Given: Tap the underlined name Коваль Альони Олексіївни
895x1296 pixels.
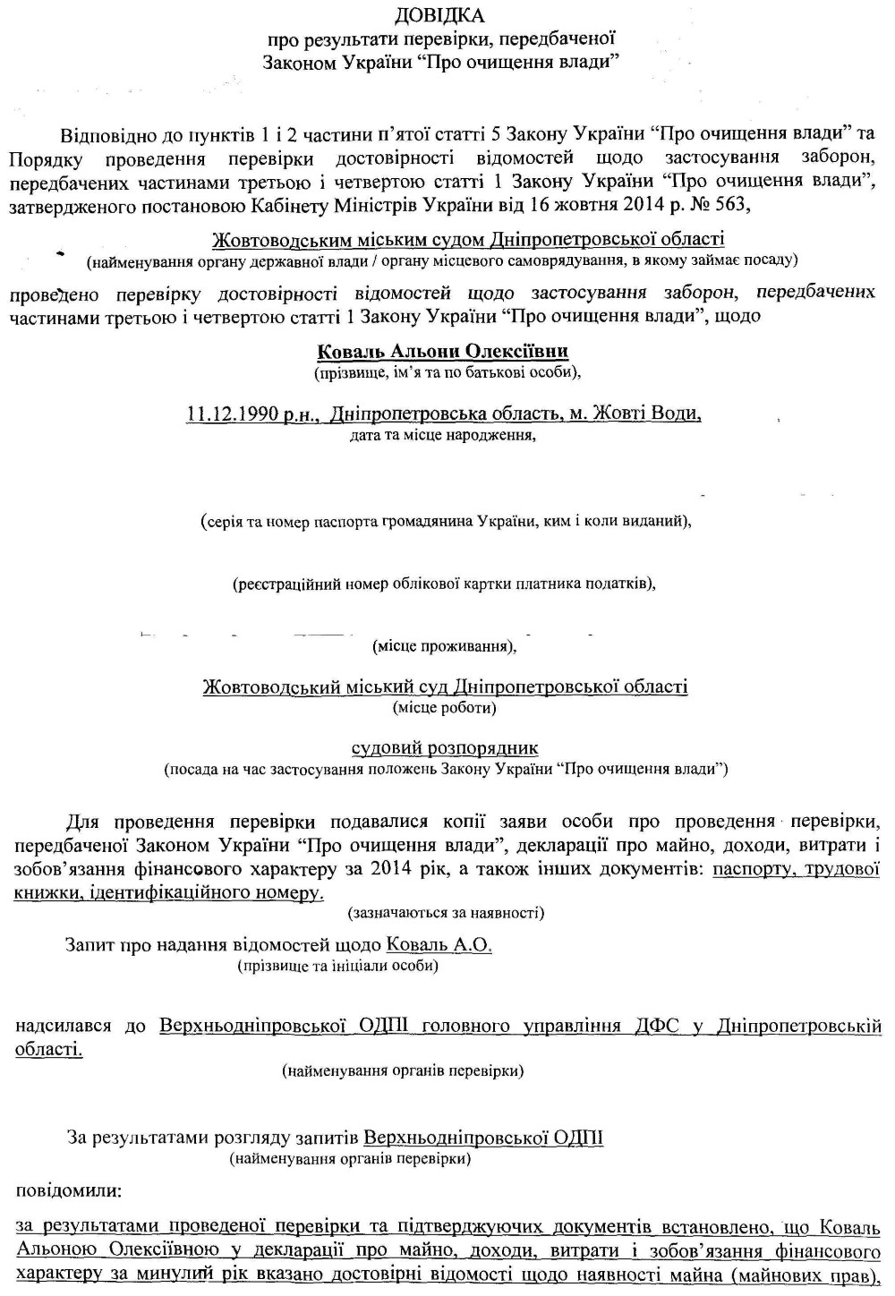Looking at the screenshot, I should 443,352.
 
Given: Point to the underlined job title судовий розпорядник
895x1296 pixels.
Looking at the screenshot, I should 445,748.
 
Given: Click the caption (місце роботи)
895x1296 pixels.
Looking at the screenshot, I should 445,707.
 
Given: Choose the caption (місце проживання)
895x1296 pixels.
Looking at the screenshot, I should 443,645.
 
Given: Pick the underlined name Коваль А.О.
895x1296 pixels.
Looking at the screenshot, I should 439,945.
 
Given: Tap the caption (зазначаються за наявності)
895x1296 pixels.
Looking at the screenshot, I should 446,913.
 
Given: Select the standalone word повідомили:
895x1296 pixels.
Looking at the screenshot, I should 68,1191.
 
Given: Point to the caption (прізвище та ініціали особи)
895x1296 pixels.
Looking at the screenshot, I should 337,966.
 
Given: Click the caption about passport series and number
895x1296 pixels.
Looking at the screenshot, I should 445,522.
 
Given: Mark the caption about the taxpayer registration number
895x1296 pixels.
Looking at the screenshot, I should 444,584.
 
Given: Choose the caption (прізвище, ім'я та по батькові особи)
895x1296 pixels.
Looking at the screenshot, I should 440,371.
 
